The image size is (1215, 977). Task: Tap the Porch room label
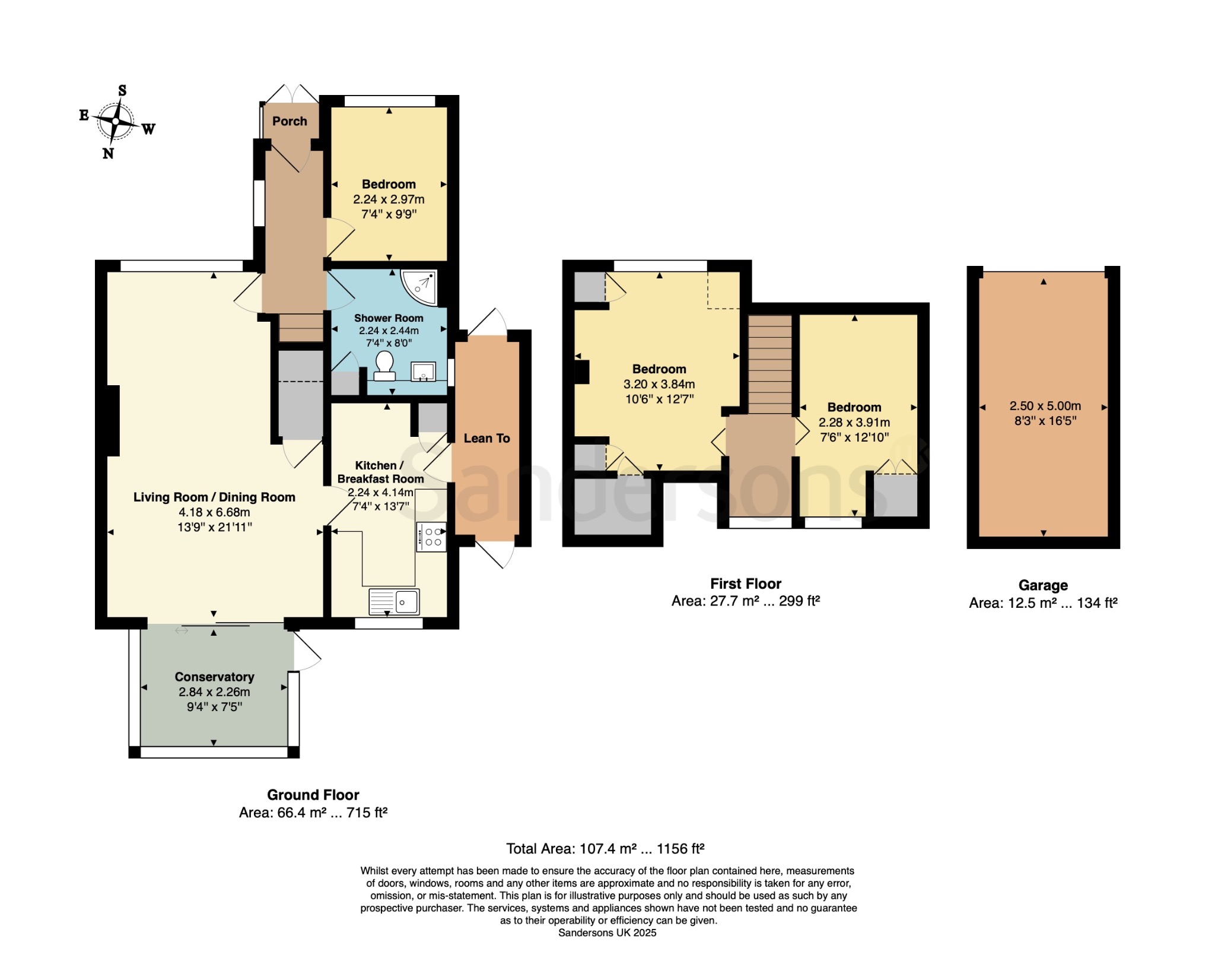[290, 121]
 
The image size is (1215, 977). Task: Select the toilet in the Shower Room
[384, 366]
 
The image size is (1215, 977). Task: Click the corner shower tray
[420, 288]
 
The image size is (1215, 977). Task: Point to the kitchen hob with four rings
[431, 537]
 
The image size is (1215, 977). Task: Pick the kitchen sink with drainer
[394, 602]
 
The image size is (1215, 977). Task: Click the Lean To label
[486, 438]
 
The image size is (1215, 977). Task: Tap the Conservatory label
[214, 677]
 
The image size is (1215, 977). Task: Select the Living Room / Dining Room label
[214, 497]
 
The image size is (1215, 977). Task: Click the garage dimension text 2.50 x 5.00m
[1045, 406]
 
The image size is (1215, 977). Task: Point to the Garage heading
[1043, 585]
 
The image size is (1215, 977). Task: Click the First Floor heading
[746, 583]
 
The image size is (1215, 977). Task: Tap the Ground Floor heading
[313, 795]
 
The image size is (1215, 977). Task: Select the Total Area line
[605, 849]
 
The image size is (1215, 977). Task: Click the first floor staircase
[769, 364]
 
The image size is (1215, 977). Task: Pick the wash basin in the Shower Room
[423, 372]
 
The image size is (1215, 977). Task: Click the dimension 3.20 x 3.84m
[659, 384]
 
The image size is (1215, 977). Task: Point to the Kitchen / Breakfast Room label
[380, 472]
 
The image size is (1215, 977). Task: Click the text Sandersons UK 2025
[607, 932]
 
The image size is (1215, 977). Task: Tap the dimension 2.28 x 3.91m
[854, 423]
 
